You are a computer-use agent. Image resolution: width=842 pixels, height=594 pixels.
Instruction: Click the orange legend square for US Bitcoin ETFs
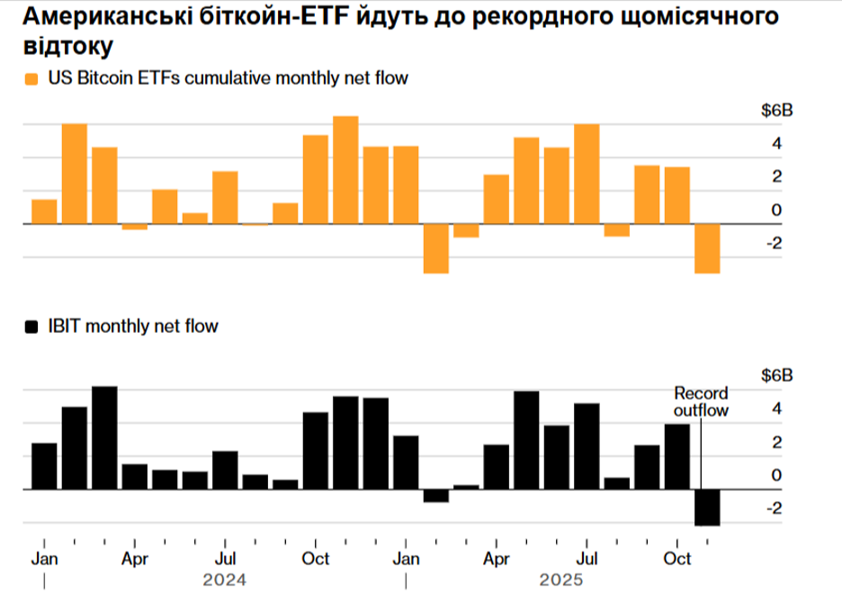[x=31, y=79]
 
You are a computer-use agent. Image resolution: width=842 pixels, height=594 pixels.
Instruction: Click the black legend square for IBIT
[x=31, y=327]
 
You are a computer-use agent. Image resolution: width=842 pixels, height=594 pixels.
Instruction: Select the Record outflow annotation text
[x=701, y=401]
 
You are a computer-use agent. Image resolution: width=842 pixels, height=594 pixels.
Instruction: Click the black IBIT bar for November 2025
[x=707, y=507]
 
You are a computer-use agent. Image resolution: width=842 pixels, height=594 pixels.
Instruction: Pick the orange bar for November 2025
[x=707, y=247]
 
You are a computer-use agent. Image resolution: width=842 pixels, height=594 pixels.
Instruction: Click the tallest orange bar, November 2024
[x=345, y=169]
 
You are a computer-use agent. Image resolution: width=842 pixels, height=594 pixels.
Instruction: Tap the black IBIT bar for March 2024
[x=104, y=437]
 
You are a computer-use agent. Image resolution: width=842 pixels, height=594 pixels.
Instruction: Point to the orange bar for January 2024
[x=44, y=211]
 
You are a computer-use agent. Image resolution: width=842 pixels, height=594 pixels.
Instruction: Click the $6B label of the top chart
[x=777, y=112]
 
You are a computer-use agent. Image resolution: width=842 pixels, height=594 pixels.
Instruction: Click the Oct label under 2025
[x=676, y=558]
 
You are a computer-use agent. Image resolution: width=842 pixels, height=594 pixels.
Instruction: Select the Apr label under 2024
[x=134, y=558]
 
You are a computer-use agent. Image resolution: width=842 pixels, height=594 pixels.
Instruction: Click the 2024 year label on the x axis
[x=225, y=579]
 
